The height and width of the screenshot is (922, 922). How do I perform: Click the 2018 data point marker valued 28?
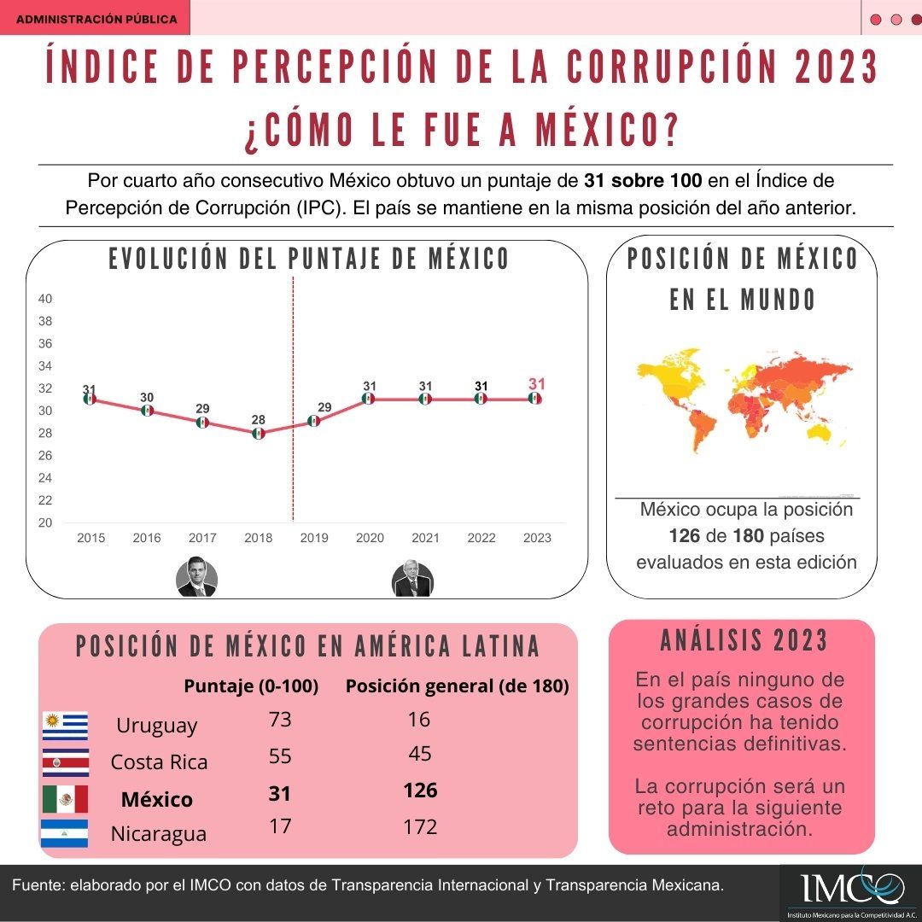click(258, 434)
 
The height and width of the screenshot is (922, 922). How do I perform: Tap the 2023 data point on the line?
click(534, 399)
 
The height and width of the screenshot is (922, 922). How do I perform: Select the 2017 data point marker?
click(202, 423)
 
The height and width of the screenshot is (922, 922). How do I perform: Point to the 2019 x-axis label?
click(314, 538)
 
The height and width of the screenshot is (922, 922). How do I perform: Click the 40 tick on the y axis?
click(45, 299)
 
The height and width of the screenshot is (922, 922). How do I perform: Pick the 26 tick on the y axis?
click(45, 456)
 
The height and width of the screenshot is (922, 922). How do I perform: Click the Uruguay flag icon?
click(65, 726)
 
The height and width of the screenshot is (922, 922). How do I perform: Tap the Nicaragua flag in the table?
click(65, 833)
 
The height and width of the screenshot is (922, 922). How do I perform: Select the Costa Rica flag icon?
click(65, 762)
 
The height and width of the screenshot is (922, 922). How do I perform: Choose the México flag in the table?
click(65, 799)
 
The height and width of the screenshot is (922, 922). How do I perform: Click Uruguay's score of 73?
click(280, 719)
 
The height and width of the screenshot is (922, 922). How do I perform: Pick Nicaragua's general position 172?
click(420, 826)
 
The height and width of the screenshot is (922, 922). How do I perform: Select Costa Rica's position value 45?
click(420, 753)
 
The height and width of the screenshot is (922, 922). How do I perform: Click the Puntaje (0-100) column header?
click(251, 686)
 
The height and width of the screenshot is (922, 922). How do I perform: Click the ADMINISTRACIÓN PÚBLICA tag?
click(96, 18)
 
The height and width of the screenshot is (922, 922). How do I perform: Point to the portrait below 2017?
click(196, 576)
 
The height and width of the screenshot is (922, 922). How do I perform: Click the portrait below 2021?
click(413, 579)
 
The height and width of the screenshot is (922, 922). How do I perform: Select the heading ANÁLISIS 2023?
click(744, 640)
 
